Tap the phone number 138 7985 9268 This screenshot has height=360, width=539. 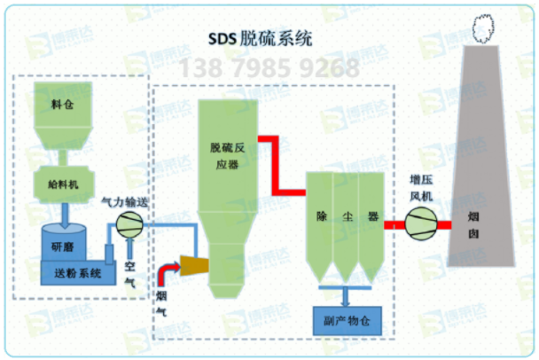click(270, 67)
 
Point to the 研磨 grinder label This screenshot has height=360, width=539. click(62, 247)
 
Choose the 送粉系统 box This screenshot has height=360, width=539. click(78, 273)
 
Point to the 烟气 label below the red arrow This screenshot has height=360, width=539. click(162, 302)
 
